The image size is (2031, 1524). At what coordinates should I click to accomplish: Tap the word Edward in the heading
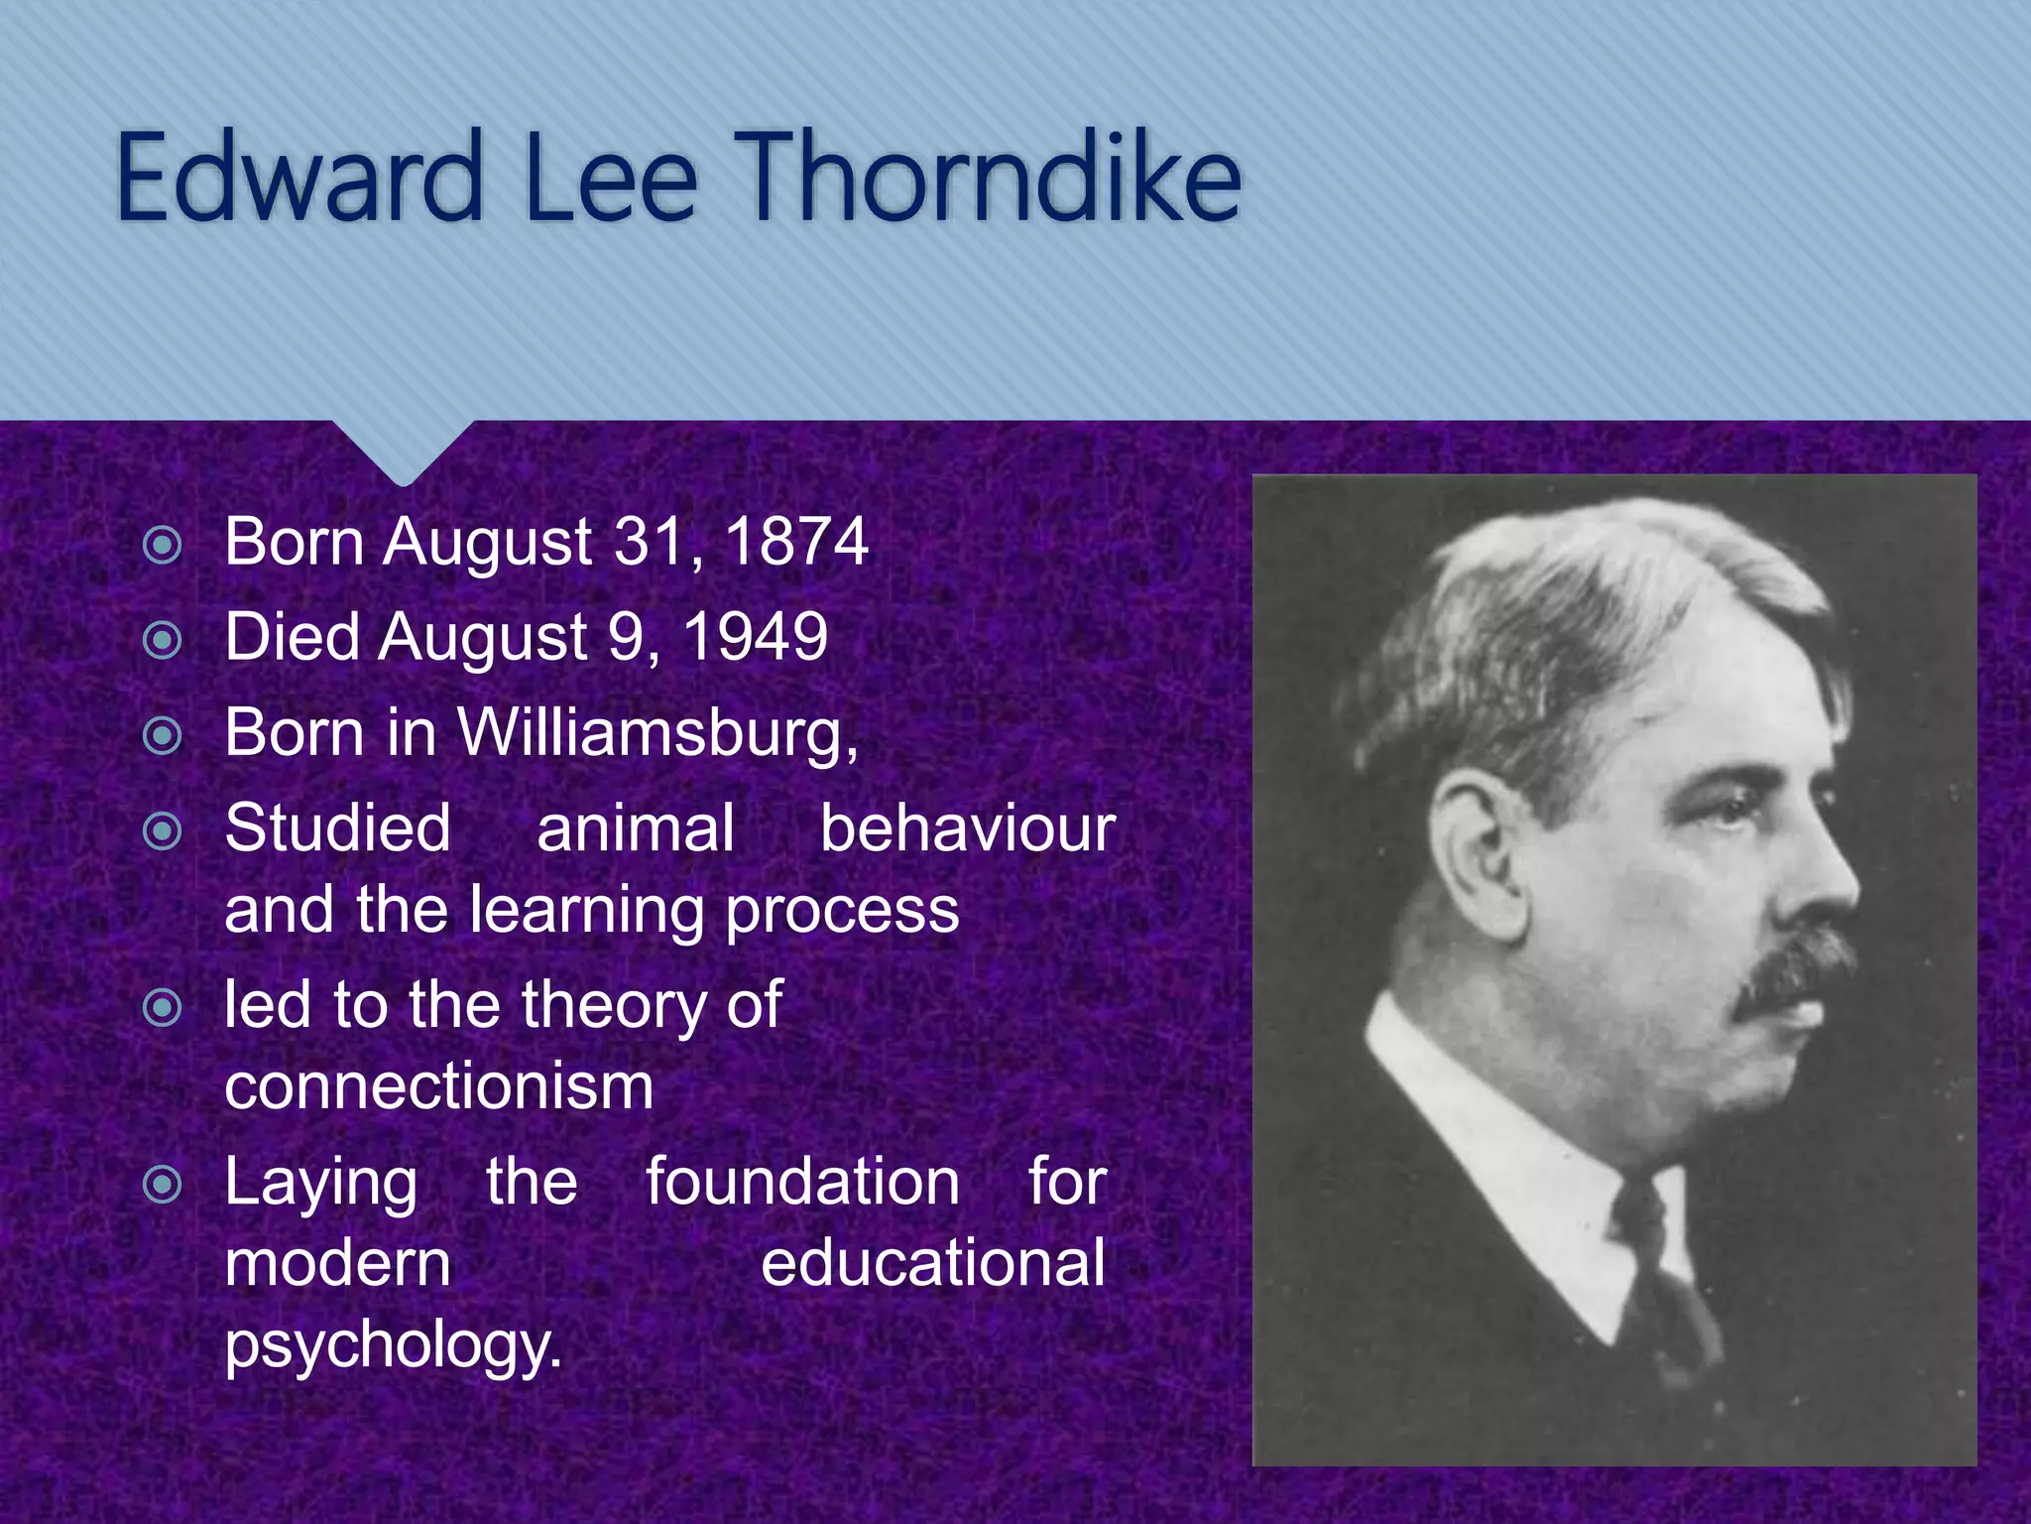[298, 179]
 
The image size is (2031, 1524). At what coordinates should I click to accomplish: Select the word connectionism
[439, 1086]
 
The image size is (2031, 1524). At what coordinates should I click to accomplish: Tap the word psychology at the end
[393, 1344]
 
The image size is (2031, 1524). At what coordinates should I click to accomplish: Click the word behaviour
[967, 828]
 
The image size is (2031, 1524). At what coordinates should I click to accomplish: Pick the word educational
[932, 1263]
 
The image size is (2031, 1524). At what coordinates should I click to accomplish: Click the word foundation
[802, 1182]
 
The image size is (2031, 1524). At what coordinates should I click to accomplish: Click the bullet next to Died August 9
[163, 640]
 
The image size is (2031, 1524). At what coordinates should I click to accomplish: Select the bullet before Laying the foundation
[163, 1185]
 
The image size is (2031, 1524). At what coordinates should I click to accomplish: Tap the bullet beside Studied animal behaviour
[163, 831]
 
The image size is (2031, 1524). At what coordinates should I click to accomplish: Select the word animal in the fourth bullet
[636, 828]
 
